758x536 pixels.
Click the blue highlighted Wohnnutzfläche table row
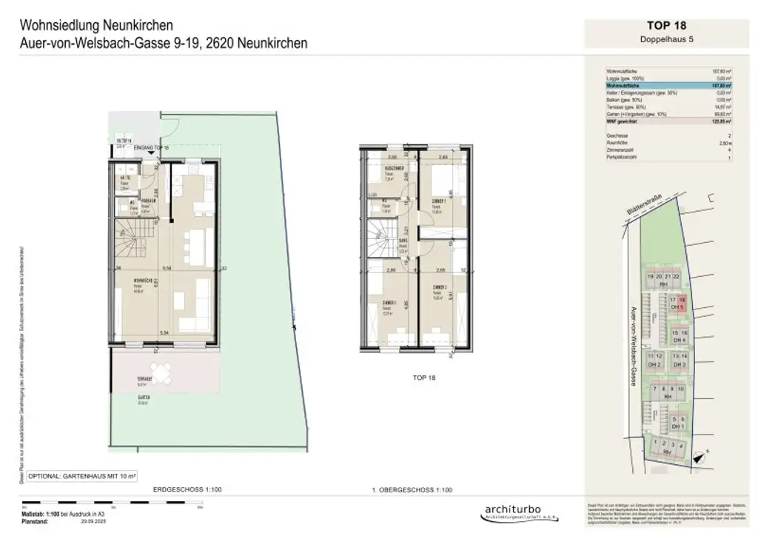tap(668, 86)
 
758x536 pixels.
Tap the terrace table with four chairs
tap(159, 372)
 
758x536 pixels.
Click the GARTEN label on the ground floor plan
tap(144, 398)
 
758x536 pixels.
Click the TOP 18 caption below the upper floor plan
tap(424, 378)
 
